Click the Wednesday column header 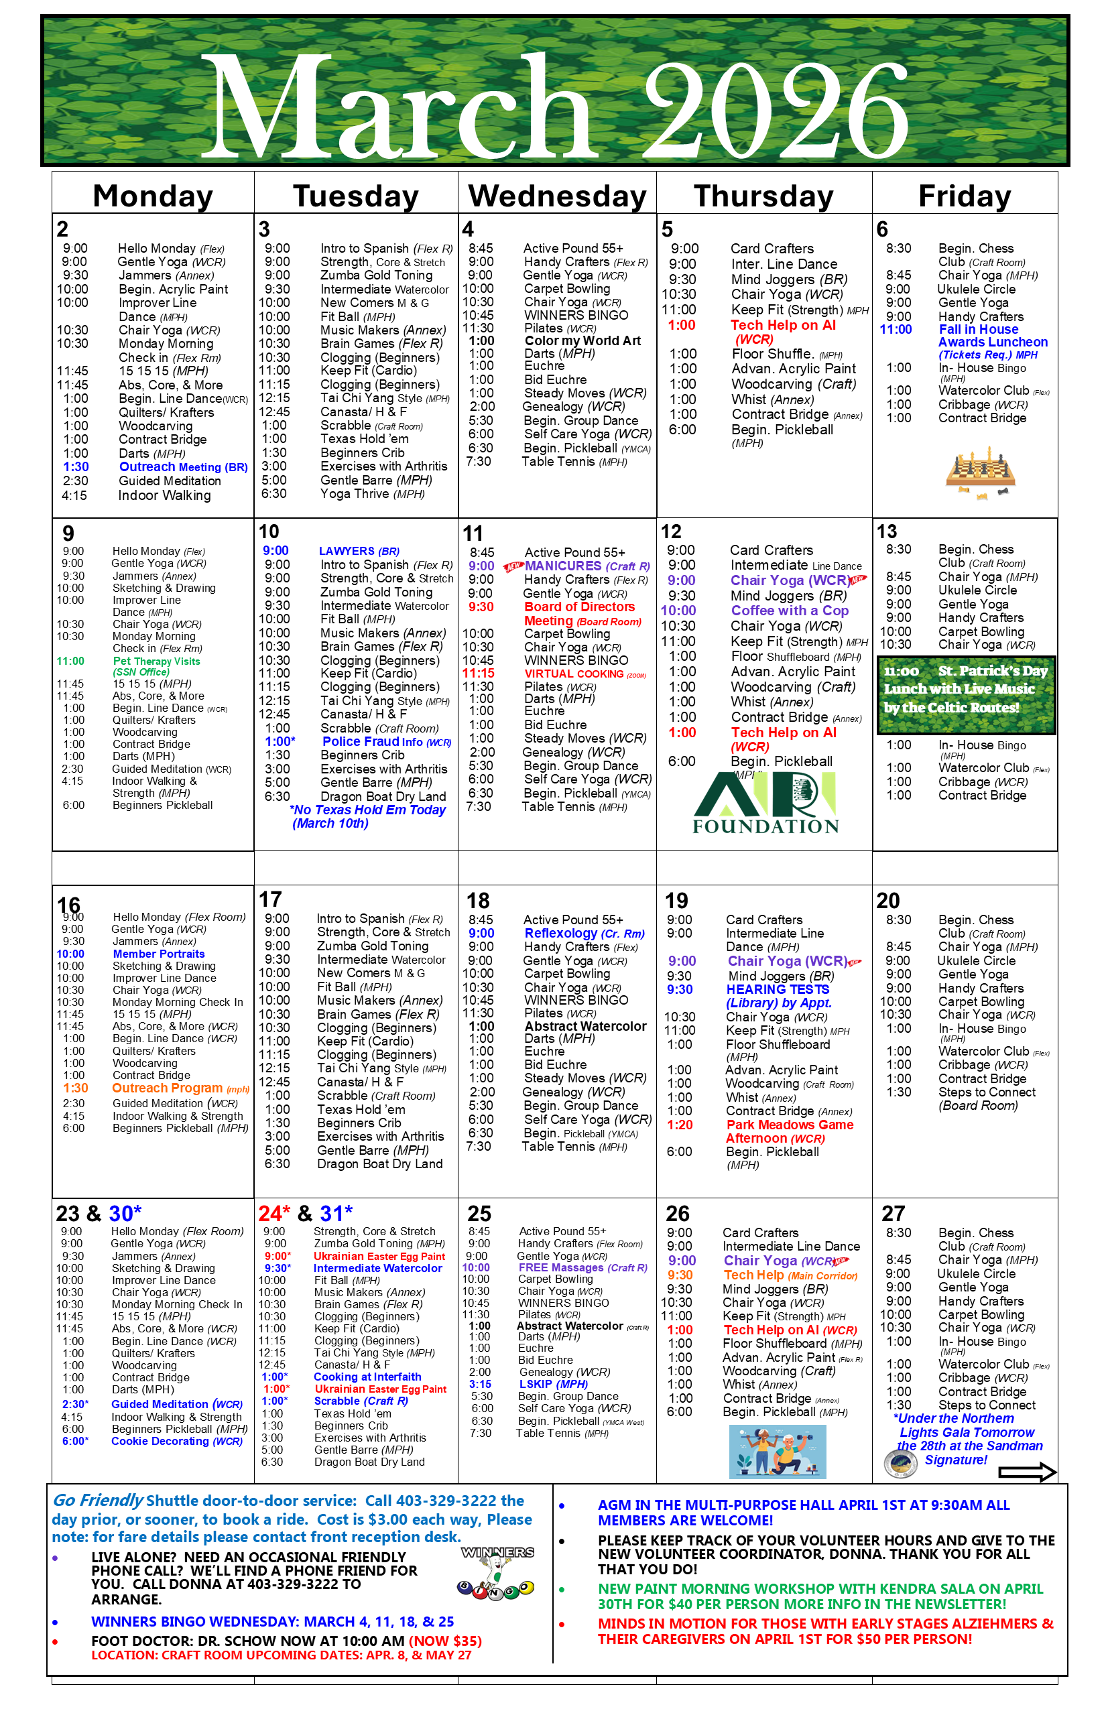557,195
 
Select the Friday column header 965,195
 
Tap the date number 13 886,531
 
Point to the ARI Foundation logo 765,803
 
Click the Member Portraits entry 158,954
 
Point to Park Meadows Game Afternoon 788,1131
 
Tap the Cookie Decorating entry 176,1441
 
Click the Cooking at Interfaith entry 367,1377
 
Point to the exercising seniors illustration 777,1451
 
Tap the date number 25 479,1214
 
